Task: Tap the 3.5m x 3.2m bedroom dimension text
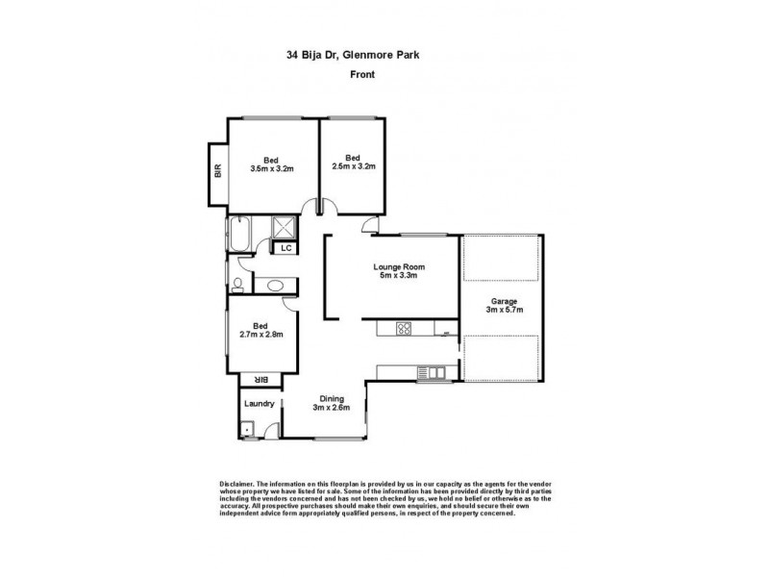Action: coord(271,168)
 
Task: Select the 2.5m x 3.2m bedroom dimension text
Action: coord(353,166)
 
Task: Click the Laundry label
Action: coord(260,404)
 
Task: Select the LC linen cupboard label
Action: coord(286,248)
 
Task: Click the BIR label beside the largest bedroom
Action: coord(218,171)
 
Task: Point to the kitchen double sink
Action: coord(430,371)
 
